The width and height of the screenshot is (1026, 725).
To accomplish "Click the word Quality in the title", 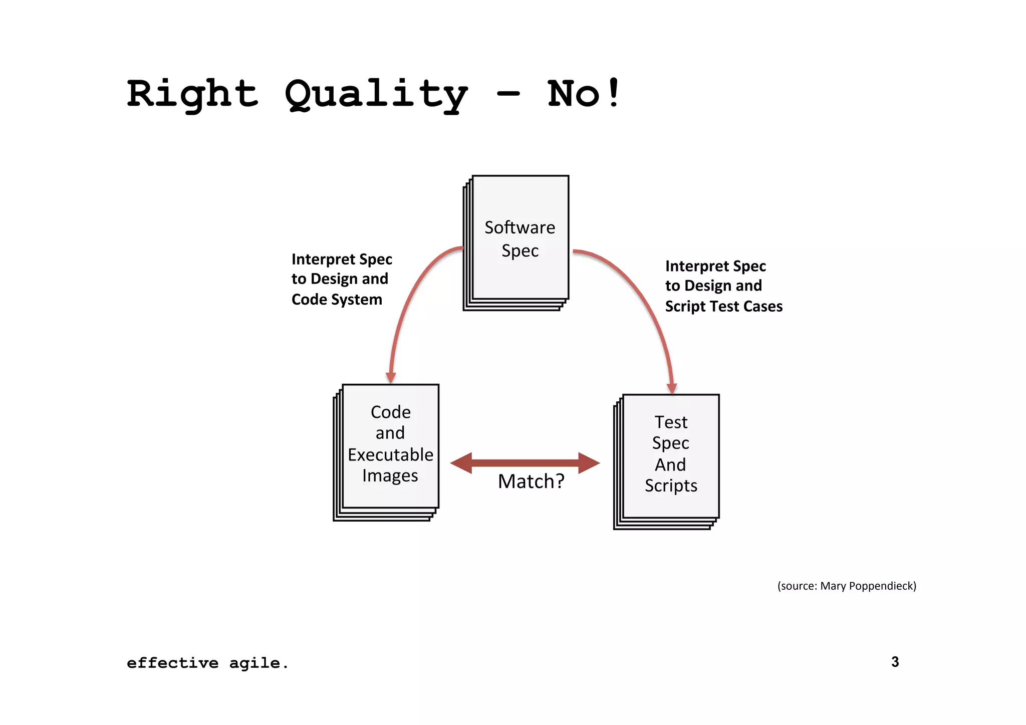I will click(x=376, y=95).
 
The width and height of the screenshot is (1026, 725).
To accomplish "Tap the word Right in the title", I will click(x=192, y=94).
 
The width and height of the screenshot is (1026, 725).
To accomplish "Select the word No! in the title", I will click(x=584, y=94).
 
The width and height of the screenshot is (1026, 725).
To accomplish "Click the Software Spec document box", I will click(x=520, y=238).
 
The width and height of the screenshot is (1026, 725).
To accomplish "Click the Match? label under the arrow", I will click(x=531, y=481).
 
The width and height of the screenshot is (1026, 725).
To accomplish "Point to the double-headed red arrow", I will click(x=525, y=462).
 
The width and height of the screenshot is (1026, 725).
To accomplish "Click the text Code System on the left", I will click(x=337, y=300).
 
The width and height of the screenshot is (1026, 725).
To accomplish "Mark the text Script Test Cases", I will click(x=723, y=306).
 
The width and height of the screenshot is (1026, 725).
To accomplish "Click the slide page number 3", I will click(x=895, y=662).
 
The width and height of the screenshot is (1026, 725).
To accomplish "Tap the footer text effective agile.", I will click(x=207, y=663).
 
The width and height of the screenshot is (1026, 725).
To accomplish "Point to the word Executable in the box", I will click(x=390, y=454).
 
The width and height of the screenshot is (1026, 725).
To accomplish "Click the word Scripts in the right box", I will click(x=671, y=486).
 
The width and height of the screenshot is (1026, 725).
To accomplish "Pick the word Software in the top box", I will click(x=520, y=227).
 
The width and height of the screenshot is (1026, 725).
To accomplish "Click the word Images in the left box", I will click(x=390, y=475).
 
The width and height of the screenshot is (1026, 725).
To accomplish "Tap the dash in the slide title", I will click(x=508, y=94).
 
